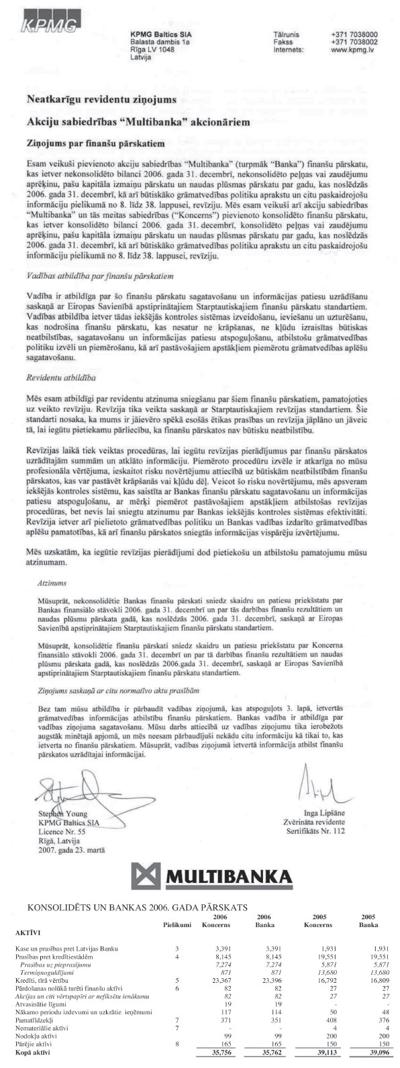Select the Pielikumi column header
(177, 924)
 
